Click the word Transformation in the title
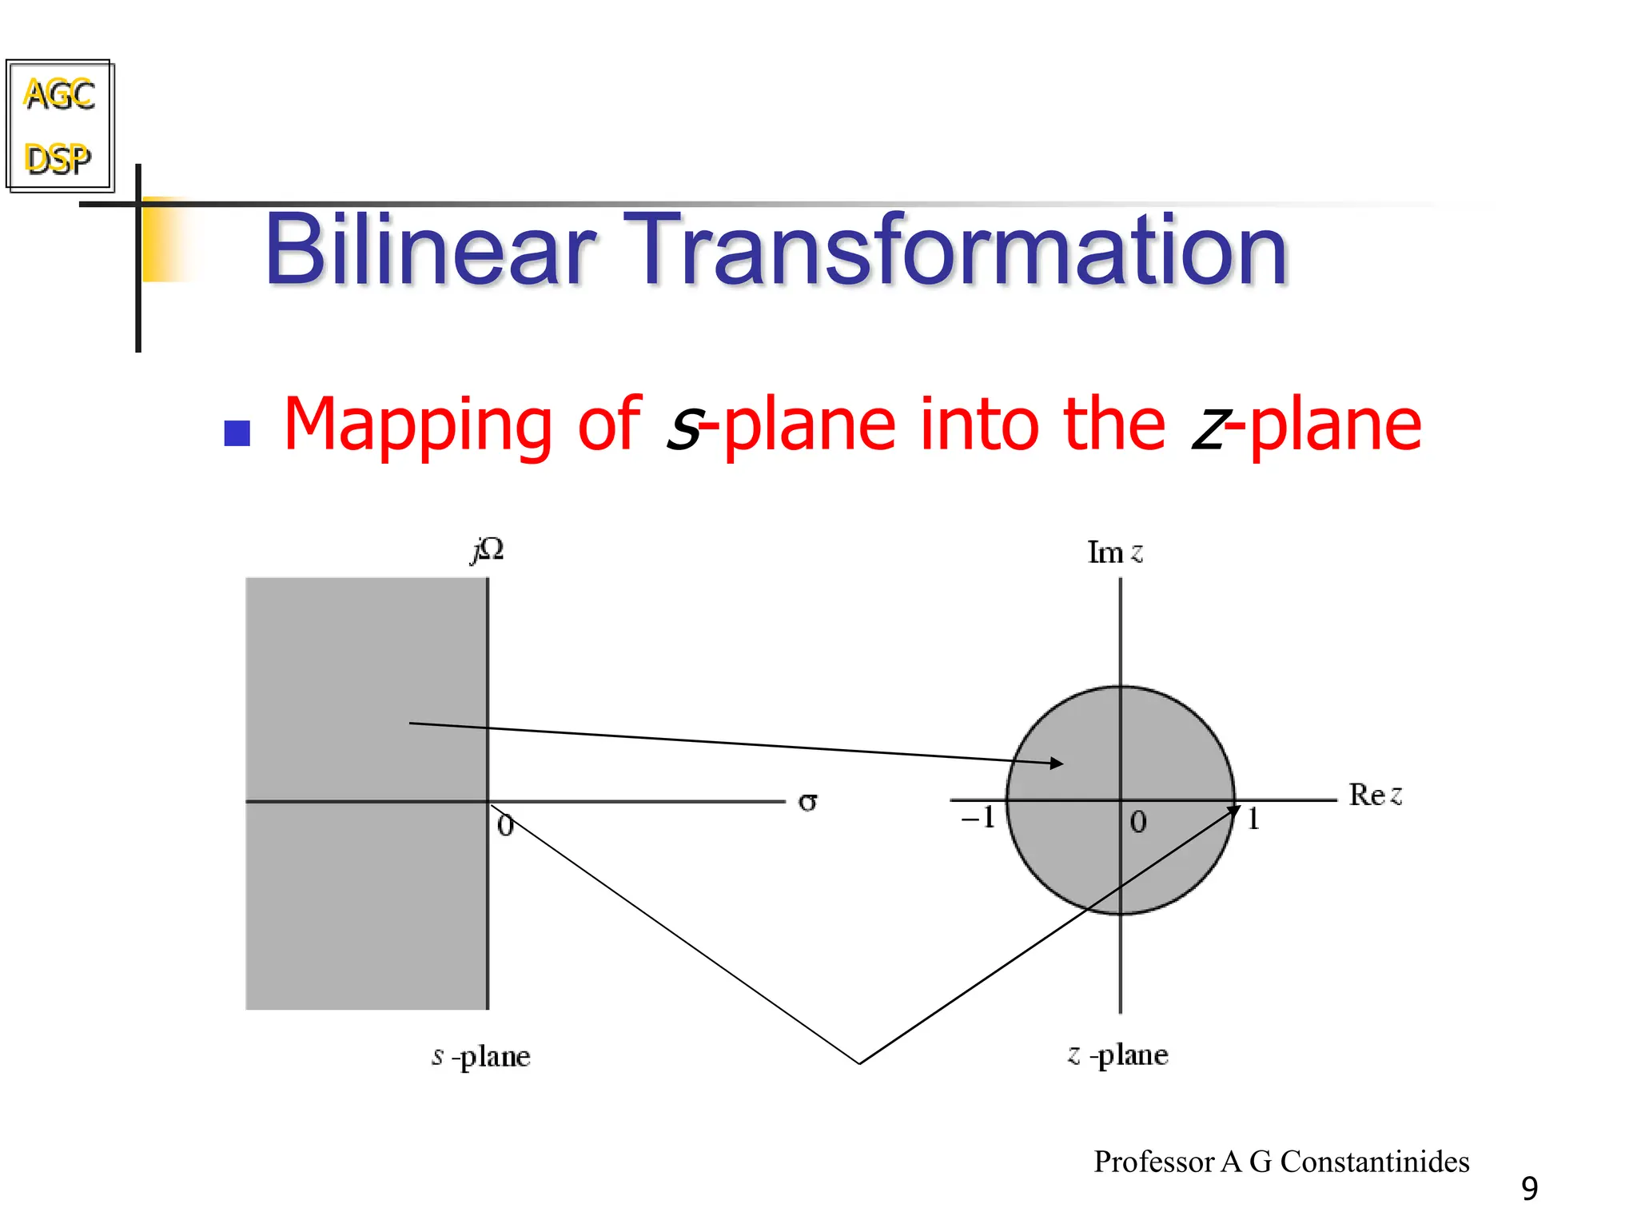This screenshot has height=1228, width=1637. click(x=954, y=249)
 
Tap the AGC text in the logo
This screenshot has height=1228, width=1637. click(x=59, y=94)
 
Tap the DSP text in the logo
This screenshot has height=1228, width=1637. click(x=58, y=158)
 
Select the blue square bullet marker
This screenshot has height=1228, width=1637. click(x=237, y=433)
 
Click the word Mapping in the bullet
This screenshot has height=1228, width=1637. click(x=417, y=425)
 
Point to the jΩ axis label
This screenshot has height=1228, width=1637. click(x=488, y=550)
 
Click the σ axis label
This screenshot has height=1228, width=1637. click(x=807, y=801)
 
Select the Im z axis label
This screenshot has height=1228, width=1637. click(x=1115, y=552)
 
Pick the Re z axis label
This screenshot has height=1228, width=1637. click(x=1375, y=795)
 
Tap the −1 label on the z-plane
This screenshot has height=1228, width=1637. click(x=978, y=817)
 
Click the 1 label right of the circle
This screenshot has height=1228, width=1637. click(x=1253, y=819)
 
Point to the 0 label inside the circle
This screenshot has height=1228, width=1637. click(x=1138, y=822)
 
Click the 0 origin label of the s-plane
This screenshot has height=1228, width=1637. click(x=505, y=825)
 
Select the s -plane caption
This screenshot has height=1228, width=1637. click(x=481, y=1056)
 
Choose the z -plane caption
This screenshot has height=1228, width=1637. click(x=1117, y=1055)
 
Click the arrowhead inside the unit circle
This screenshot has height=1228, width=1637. click(x=1057, y=764)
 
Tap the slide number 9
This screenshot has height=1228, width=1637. click(x=1529, y=1189)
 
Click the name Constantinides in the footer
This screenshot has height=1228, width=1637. click(x=1375, y=1162)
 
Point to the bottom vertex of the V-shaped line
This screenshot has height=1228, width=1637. click(x=859, y=1063)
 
